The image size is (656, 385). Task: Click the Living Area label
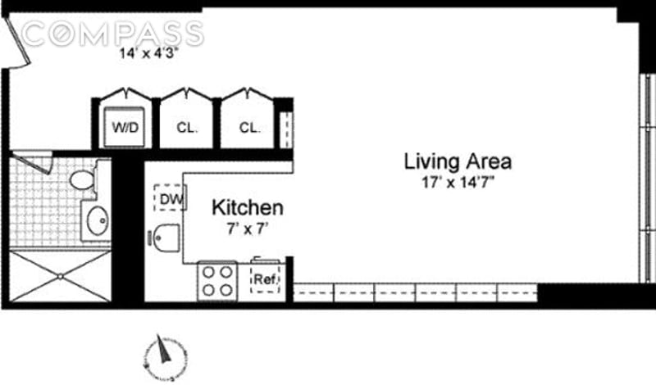click(458, 162)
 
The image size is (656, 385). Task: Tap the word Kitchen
click(248, 208)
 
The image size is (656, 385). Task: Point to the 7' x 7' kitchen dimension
click(248, 229)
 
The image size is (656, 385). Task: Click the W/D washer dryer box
click(125, 127)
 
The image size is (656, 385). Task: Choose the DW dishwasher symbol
click(170, 198)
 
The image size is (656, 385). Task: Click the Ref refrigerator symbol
click(265, 278)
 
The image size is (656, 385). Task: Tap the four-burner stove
click(217, 281)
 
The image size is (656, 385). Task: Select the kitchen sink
click(166, 238)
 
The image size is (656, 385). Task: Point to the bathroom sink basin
click(98, 220)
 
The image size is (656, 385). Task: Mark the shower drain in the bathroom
click(60, 276)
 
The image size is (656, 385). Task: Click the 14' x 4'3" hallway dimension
click(149, 54)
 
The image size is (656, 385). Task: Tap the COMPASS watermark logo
click(112, 34)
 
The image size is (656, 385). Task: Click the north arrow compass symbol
click(165, 356)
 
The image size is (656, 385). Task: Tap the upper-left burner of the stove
click(208, 272)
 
